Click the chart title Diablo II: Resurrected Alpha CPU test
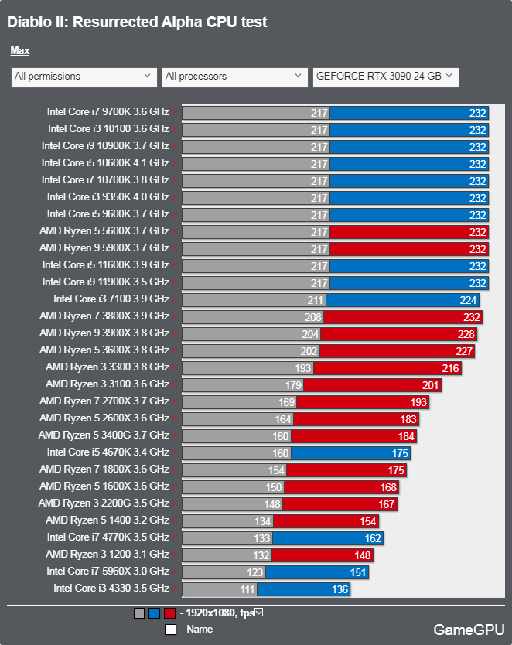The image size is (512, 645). [x=137, y=22]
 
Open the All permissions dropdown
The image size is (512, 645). [x=84, y=77]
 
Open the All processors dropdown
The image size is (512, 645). [x=235, y=77]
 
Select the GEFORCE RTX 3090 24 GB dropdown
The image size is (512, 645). [x=385, y=77]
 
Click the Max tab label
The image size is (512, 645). [x=20, y=51]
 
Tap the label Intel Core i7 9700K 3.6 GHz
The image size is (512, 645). [x=108, y=112]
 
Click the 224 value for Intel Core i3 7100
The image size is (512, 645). [x=469, y=299]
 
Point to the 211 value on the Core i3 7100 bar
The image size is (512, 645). [x=316, y=299]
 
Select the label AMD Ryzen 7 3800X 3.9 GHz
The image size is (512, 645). [x=104, y=316]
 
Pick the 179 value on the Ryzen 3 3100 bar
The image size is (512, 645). [x=294, y=384]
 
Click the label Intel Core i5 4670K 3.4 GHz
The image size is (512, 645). [x=108, y=452]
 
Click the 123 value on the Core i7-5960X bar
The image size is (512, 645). [x=255, y=572]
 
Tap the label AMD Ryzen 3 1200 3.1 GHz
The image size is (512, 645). [x=108, y=555]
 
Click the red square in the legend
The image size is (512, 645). [x=169, y=613]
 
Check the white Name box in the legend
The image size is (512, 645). [x=169, y=630]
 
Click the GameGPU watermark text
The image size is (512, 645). [x=469, y=630]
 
